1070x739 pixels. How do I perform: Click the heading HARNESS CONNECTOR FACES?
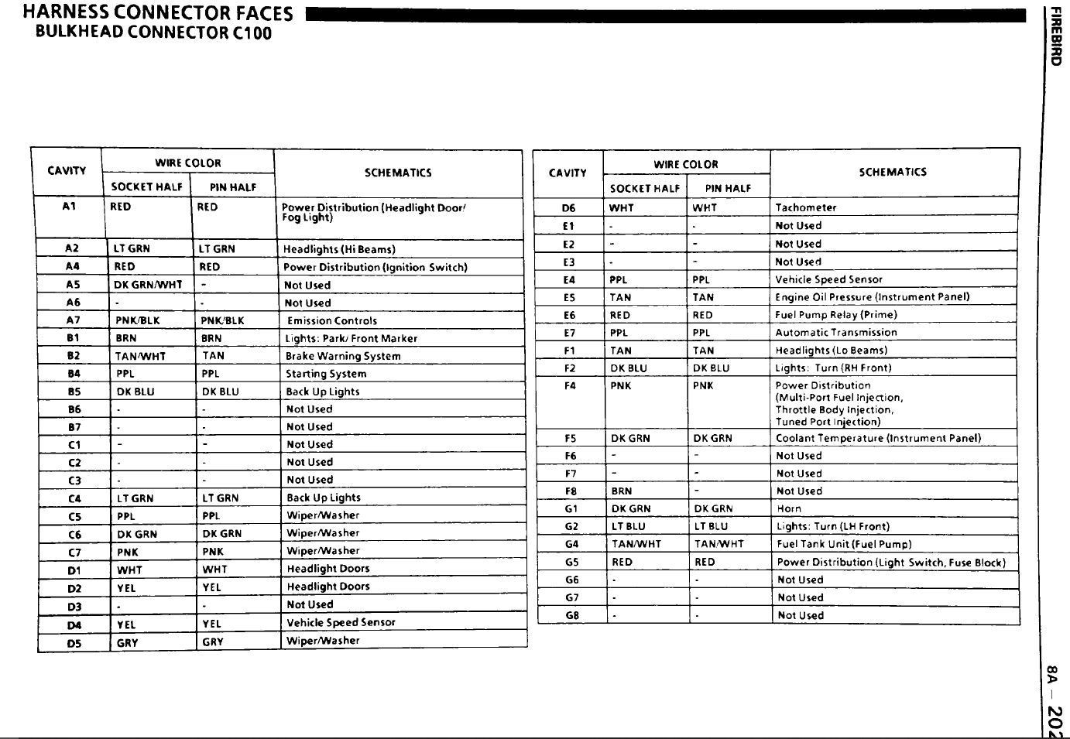coord(158,13)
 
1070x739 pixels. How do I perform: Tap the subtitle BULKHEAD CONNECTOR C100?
coord(153,33)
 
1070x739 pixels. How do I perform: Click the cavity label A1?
coord(69,207)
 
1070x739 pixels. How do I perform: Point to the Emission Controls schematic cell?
coord(332,320)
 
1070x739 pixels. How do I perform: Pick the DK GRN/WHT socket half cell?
coord(148,285)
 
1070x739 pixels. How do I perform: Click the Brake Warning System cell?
coord(343,356)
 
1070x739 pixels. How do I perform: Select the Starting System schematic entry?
coord(326,374)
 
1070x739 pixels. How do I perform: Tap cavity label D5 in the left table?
coord(74,641)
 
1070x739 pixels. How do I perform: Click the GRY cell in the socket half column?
coord(127,642)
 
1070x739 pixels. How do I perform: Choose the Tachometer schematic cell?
coord(806,207)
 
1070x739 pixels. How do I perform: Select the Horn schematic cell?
coord(789,508)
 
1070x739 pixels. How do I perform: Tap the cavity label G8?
coord(572,615)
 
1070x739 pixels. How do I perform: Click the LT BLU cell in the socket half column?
coord(628,526)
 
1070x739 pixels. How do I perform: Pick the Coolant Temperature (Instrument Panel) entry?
coord(878,438)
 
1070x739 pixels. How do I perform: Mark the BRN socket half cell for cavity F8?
coord(621,491)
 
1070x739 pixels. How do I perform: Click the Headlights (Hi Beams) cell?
coord(339,249)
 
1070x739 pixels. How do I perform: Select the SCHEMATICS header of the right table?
coord(893,172)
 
